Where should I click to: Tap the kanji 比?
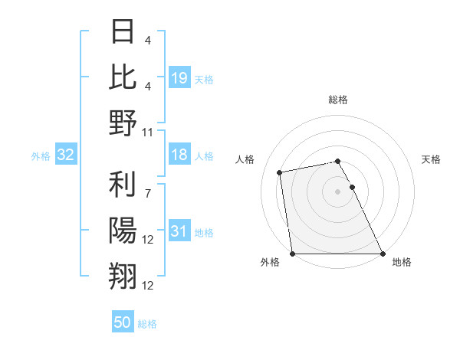click(123, 78)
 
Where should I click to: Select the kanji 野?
click(123, 123)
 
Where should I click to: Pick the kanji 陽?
click(123, 231)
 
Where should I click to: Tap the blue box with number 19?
click(179, 77)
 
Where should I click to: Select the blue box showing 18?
click(179, 155)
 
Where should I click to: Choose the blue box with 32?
click(66, 155)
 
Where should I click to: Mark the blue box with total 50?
click(123, 322)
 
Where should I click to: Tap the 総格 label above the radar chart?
click(338, 100)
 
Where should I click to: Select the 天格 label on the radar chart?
click(431, 159)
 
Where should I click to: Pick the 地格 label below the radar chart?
click(402, 263)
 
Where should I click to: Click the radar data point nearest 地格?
click(383, 254)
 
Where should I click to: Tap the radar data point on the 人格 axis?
click(281, 172)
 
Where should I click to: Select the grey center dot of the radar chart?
click(338, 191)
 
